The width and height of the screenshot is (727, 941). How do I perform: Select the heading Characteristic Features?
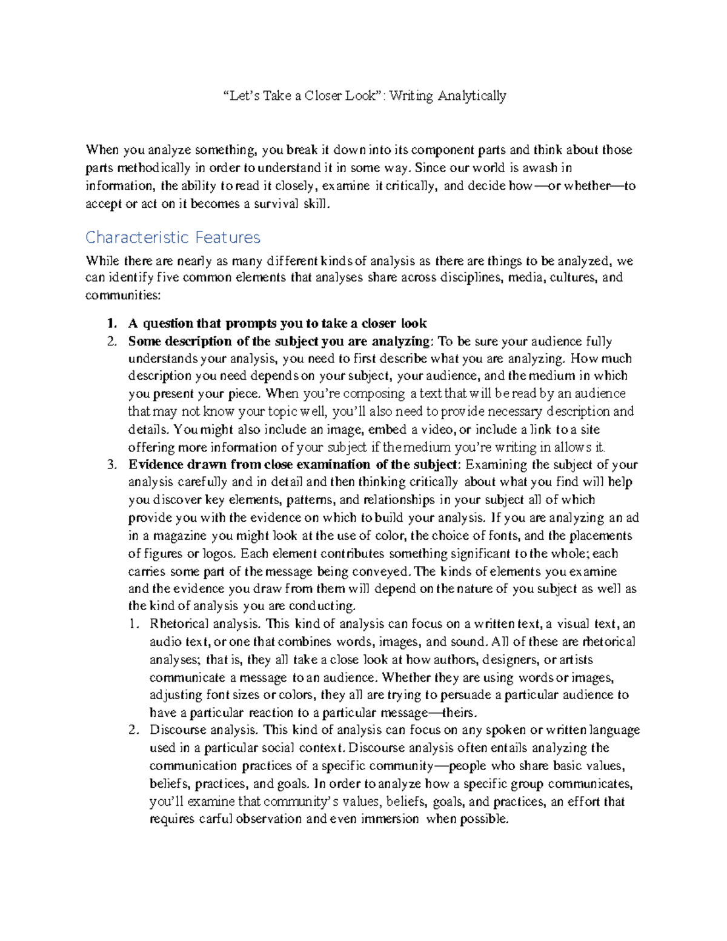tap(173, 237)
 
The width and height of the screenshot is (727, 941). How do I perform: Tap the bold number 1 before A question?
tap(110, 324)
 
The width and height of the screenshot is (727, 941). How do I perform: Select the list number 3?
tap(111, 465)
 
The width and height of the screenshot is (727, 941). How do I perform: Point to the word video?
tap(440, 430)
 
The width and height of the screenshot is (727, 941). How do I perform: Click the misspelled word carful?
tap(215, 819)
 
